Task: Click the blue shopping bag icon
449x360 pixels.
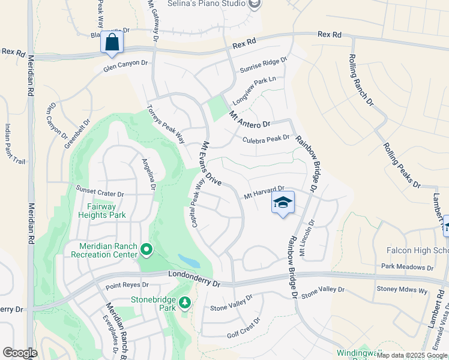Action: pyautogui.click(x=112, y=43)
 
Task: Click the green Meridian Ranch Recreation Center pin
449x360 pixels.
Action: pyautogui.click(x=146, y=249)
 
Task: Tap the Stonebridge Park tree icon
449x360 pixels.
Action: pyautogui.click(x=185, y=302)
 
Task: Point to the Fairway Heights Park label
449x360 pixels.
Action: pyautogui.click(x=101, y=210)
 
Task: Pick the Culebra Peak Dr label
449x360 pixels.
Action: pyautogui.click(x=266, y=139)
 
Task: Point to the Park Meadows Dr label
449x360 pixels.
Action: pyautogui.click(x=407, y=266)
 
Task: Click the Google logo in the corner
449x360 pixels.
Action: pyautogui.click(x=20, y=353)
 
